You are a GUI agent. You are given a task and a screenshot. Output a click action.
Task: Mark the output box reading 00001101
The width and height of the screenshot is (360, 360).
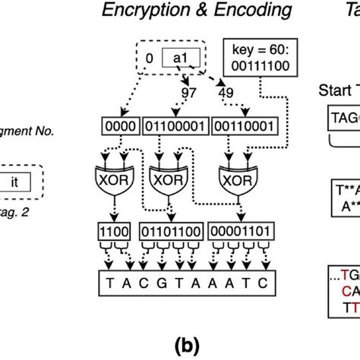[238, 229]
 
